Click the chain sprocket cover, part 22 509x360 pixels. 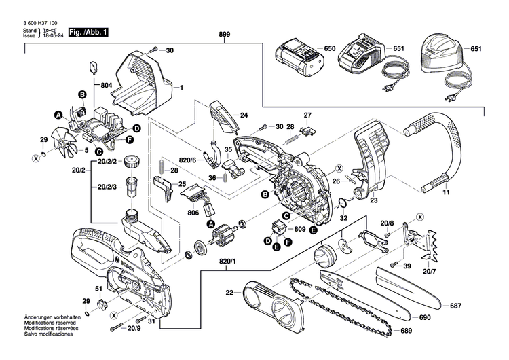271,298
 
